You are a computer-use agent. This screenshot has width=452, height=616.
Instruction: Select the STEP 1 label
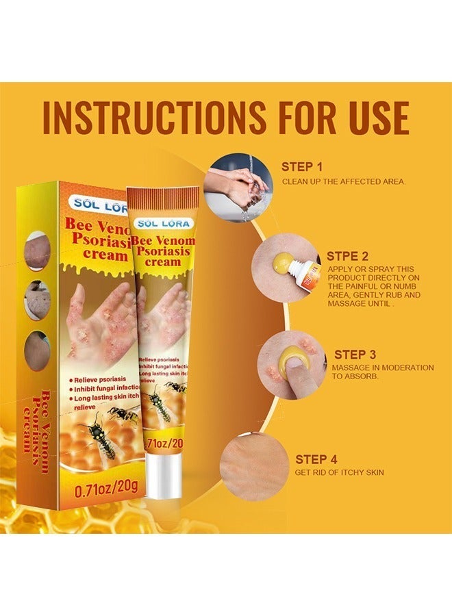(x=302, y=166)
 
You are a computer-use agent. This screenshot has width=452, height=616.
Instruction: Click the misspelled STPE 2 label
(x=347, y=256)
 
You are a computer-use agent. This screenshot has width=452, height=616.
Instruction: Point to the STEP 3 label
(x=355, y=355)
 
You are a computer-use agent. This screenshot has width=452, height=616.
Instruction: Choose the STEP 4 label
(x=316, y=459)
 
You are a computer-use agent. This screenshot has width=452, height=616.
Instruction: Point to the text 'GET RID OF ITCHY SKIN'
(x=339, y=472)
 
